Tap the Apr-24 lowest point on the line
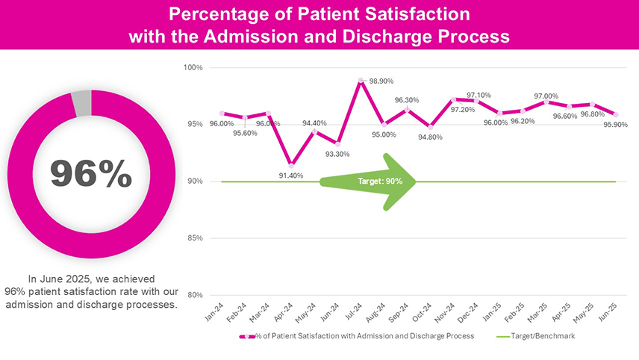coord(291,165)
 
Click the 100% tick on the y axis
coord(194,68)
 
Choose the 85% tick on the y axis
coord(195,238)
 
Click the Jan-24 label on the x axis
coord(214,312)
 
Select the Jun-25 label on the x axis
coord(609,312)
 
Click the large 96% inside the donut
coord(91,174)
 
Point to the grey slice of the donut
coord(81,102)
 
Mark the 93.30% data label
coord(337,154)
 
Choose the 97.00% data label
coord(546,96)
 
